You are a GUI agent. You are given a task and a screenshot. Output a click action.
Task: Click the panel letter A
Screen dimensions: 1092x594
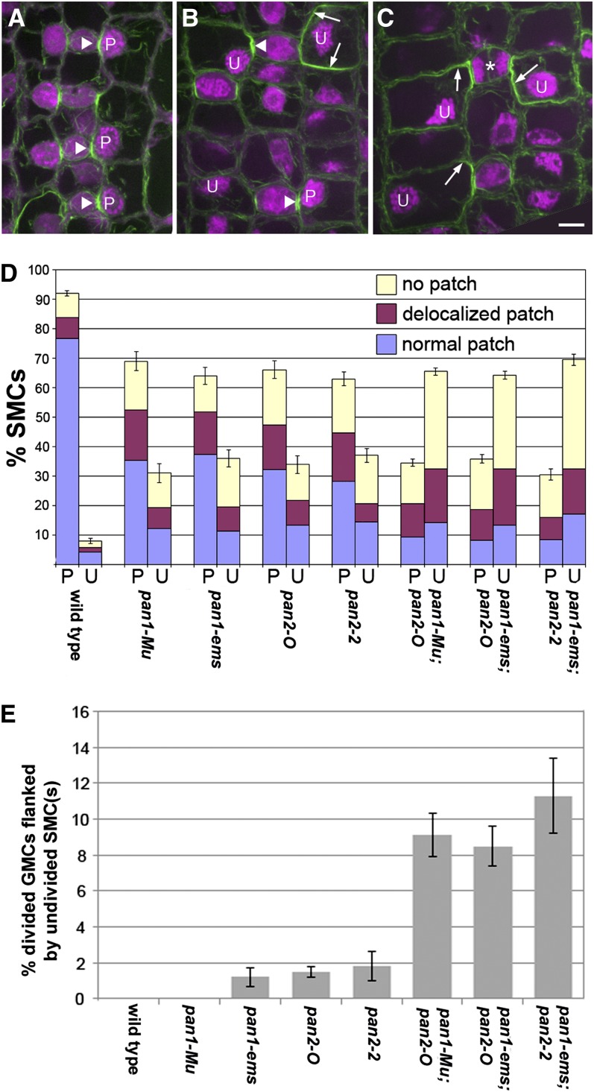tap(15, 16)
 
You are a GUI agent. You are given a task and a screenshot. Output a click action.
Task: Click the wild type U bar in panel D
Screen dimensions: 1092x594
tap(90, 552)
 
